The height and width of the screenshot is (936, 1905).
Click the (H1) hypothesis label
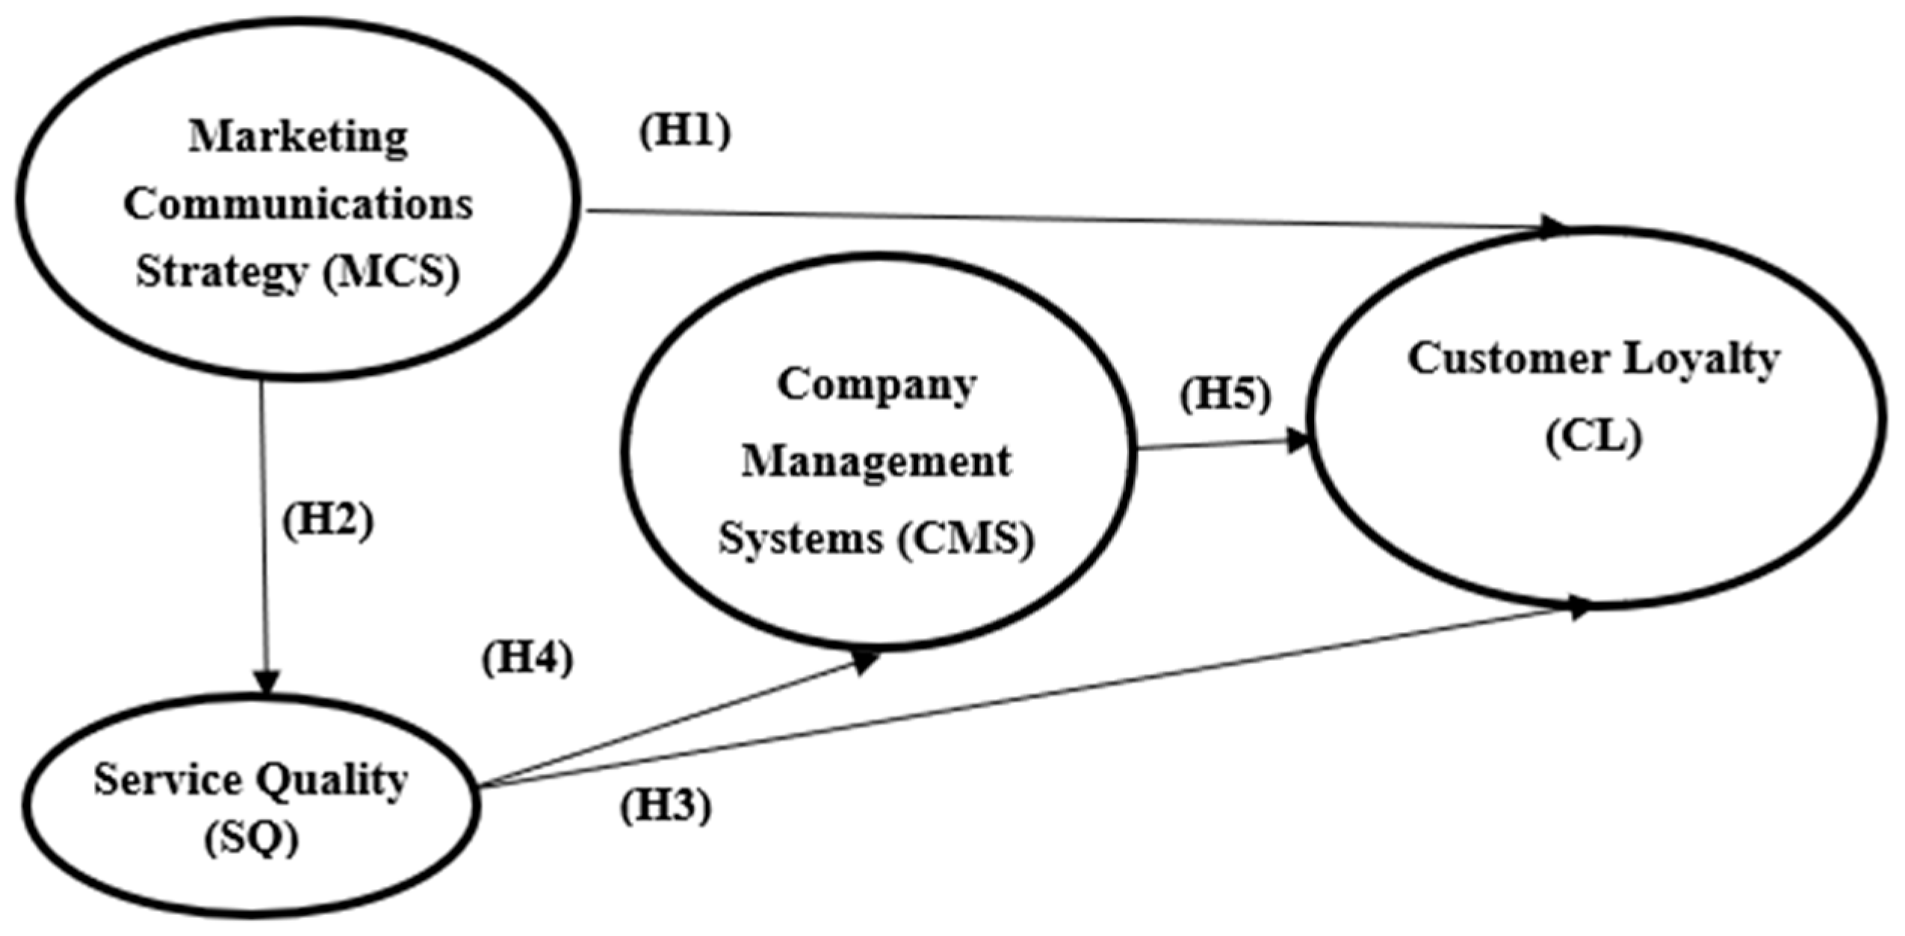click(x=684, y=133)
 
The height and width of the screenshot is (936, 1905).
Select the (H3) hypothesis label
click(x=665, y=807)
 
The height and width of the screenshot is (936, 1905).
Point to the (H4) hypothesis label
click(x=527, y=659)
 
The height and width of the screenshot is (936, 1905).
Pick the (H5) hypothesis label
click(x=1225, y=394)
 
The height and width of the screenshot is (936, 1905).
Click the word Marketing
click(x=298, y=137)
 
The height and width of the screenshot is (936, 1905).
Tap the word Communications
click(x=298, y=204)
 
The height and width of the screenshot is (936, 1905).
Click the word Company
click(x=876, y=385)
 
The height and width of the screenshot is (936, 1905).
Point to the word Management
click(x=876, y=462)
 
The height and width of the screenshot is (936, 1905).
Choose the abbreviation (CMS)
click(x=966, y=538)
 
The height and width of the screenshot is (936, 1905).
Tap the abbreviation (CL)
click(x=1593, y=436)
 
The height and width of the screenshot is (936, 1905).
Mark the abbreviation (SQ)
click(x=252, y=839)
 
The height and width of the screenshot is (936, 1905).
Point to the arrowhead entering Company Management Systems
click(x=867, y=660)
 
